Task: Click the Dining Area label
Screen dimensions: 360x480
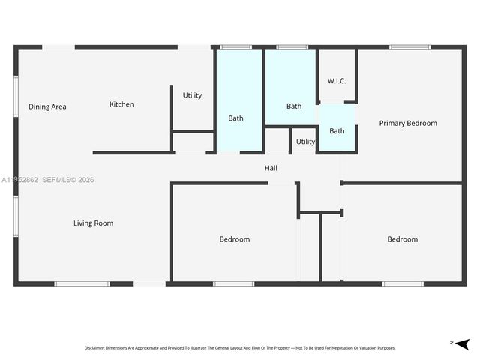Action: coord(47,106)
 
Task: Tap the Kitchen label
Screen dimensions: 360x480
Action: coord(121,104)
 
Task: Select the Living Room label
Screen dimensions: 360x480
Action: coord(93,223)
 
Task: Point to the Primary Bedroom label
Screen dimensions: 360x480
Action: coord(407,123)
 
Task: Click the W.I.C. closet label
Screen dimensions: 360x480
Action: coord(337,81)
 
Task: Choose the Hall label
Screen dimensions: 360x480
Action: coord(271,168)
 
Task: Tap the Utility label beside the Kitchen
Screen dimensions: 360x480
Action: coord(192,95)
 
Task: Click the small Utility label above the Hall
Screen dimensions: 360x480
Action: coord(305,142)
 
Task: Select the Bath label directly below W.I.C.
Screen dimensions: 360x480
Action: coord(337,131)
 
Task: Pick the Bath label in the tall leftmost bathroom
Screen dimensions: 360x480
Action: coord(235,118)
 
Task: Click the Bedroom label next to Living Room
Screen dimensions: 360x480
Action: coord(234,239)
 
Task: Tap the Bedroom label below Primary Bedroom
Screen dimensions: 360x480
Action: coord(402,239)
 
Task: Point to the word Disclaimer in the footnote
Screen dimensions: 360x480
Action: coord(96,348)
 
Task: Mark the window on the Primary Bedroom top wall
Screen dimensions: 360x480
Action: coord(409,48)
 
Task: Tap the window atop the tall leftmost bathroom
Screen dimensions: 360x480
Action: coord(235,48)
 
